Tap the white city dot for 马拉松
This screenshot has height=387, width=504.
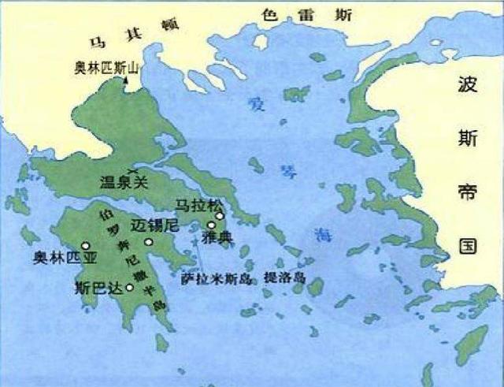(x=220, y=214)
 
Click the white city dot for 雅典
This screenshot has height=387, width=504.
(x=211, y=225)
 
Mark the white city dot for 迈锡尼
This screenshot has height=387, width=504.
(x=148, y=243)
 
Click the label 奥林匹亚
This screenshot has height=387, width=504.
(x=57, y=256)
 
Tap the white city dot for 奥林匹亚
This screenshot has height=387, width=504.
(x=85, y=246)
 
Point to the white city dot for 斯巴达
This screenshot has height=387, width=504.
(x=129, y=288)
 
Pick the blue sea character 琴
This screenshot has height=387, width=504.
(x=284, y=172)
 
